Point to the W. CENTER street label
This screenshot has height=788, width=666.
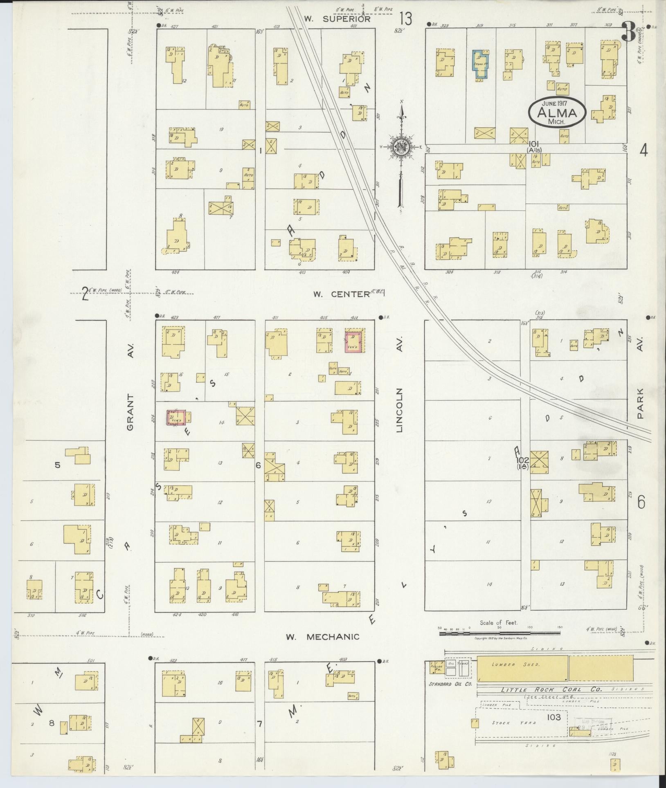pyautogui.click(x=341, y=294)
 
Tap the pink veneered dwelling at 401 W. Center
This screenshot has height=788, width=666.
pyautogui.click(x=353, y=341)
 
